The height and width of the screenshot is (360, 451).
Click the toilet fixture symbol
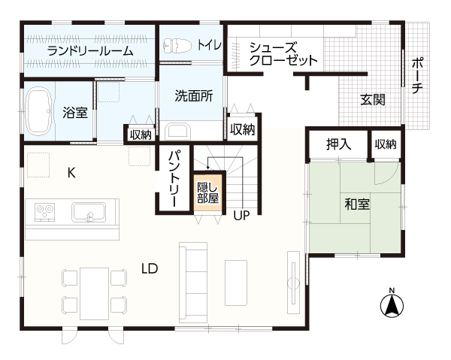click(x=177, y=45)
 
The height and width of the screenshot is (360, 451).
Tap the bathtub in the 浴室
click(x=38, y=111)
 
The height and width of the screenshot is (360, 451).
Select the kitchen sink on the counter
click(x=89, y=212)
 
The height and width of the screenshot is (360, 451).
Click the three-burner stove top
click(x=44, y=212)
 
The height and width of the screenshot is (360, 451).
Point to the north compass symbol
click(x=392, y=304)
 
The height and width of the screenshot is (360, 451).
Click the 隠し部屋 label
click(x=207, y=192)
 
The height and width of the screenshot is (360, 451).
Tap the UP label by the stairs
click(x=241, y=215)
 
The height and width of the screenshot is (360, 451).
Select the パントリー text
click(x=174, y=178)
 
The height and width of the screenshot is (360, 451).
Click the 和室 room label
click(x=357, y=204)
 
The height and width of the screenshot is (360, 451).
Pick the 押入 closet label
click(x=338, y=144)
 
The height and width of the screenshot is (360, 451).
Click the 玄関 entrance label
click(x=373, y=100)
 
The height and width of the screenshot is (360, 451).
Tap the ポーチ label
click(x=417, y=75)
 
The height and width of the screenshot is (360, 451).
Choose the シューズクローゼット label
click(x=283, y=54)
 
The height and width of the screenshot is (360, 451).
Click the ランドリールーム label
click(x=90, y=51)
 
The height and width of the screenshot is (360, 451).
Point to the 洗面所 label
click(x=194, y=96)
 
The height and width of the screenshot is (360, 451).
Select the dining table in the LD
click(x=95, y=294)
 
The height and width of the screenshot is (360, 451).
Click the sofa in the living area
click(x=193, y=283)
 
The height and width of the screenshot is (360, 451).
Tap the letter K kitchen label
click(x=71, y=173)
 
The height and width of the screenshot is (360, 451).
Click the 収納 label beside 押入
click(x=386, y=144)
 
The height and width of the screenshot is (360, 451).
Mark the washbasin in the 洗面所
click(x=179, y=132)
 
